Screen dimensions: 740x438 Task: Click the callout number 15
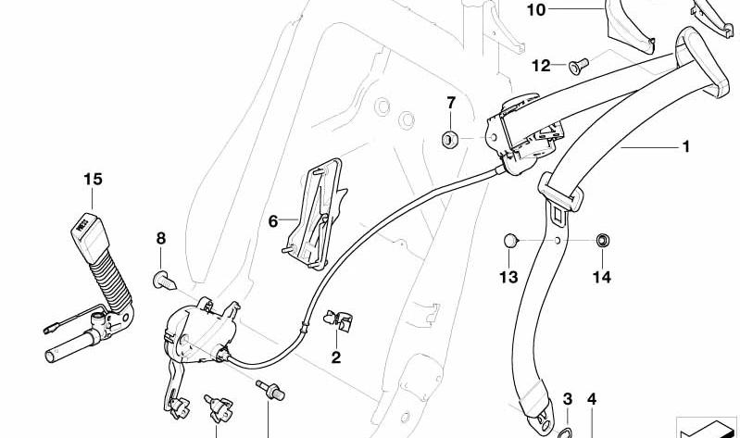pos(93,180)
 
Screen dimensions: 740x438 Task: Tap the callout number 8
pos(161,238)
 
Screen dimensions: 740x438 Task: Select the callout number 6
pos(273,221)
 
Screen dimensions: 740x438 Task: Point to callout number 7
pos(451,103)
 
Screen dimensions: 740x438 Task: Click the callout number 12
pos(541,66)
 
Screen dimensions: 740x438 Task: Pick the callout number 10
pos(535,9)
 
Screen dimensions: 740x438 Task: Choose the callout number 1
pos(686,147)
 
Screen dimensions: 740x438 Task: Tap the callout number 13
pos(508,277)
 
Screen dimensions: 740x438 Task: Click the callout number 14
pos(602,277)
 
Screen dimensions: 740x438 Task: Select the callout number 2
pos(335,357)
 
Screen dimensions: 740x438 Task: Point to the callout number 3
pos(567,399)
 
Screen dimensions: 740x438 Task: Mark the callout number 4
pos(591,399)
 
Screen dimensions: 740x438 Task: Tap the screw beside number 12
pos(579,66)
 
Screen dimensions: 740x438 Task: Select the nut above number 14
pos(602,240)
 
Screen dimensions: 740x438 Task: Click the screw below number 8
pos(164,281)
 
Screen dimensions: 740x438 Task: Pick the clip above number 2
pos(338,320)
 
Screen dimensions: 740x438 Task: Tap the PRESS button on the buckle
pos(84,223)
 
